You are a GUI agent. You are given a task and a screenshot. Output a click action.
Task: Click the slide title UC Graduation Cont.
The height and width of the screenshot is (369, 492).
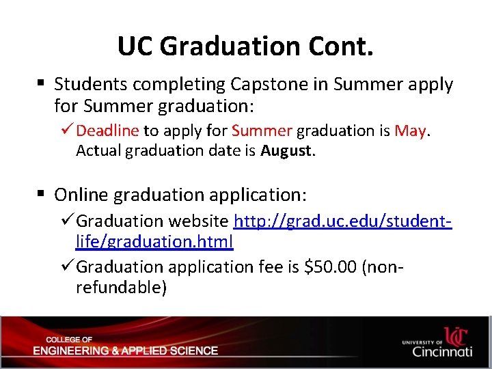tap(245, 46)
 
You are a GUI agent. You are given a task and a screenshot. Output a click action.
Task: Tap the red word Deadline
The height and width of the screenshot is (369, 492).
tap(107, 131)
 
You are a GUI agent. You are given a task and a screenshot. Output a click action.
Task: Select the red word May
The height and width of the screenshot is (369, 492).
tap(410, 131)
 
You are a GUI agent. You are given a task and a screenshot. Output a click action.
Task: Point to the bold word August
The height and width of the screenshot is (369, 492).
tap(286, 150)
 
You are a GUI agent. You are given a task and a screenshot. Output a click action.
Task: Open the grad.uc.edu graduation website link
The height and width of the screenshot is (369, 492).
tap(342, 221)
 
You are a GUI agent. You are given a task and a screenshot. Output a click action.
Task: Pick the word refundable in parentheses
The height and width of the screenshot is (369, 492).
tap(121, 287)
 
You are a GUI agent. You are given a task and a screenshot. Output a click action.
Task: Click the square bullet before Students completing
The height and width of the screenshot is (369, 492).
tap(41, 84)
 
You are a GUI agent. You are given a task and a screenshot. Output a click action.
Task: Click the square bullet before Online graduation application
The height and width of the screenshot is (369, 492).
tap(41, 195)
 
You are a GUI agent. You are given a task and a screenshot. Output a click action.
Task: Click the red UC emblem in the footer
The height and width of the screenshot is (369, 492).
tap(456, 336)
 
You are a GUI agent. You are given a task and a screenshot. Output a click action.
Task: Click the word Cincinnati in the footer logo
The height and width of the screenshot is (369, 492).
tap(442, 352)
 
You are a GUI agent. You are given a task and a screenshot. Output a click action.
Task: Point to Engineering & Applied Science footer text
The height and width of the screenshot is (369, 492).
tap(125, 351)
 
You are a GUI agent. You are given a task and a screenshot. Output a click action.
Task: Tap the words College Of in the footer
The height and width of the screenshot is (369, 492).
tap(69, 340)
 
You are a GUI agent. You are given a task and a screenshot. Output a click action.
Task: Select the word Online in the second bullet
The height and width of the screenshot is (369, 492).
tap(81, 195)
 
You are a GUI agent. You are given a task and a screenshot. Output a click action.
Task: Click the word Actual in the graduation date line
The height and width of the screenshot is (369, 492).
tap(96, 150)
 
